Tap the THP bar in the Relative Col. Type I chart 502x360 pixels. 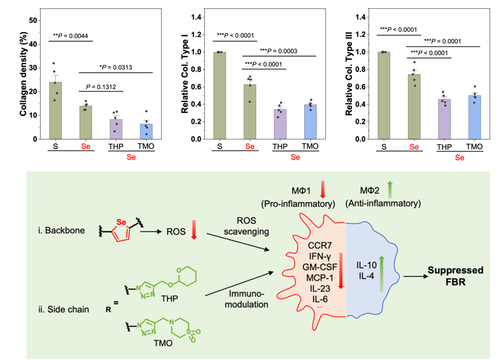279,124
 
